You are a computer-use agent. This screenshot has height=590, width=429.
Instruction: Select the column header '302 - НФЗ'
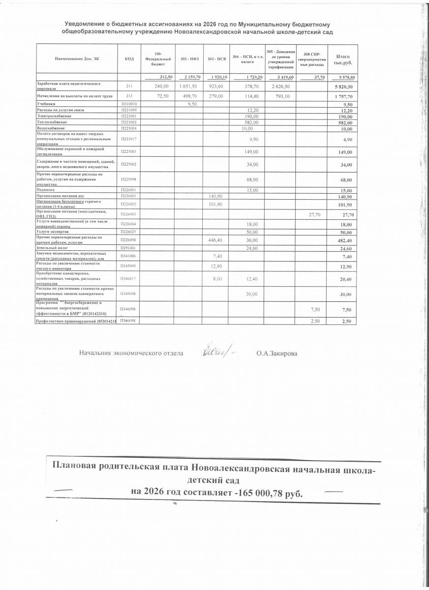187,59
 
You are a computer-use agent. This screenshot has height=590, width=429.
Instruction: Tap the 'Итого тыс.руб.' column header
343,59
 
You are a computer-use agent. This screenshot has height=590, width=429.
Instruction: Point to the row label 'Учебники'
47,104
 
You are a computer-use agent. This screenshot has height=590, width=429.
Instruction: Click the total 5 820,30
343,87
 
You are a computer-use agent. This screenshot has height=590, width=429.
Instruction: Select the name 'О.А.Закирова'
277,353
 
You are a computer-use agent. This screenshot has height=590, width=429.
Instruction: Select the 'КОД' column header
129,59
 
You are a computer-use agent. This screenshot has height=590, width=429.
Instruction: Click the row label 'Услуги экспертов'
53,232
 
